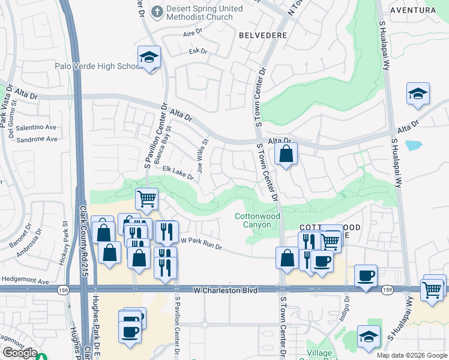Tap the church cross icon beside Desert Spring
[157, 11]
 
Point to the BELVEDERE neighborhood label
[262, 35]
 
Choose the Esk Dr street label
[197, 52]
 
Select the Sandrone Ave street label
[37, 139]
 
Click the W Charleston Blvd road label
[226, 290]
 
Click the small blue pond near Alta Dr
[413, 145]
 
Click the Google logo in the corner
[20, 353]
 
